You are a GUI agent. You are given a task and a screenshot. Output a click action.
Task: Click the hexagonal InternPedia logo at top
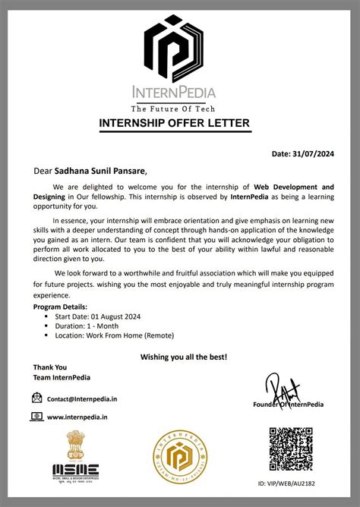pos(180,47)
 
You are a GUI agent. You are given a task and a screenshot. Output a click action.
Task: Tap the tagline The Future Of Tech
pos(180,107)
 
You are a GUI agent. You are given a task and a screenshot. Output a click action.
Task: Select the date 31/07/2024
pos(314,153)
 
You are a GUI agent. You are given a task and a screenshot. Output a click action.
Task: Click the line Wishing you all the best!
pos(184,356)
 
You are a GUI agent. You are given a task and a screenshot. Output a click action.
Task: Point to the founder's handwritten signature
pos(283,388)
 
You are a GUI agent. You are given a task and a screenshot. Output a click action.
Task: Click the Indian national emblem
pos(77,444)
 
